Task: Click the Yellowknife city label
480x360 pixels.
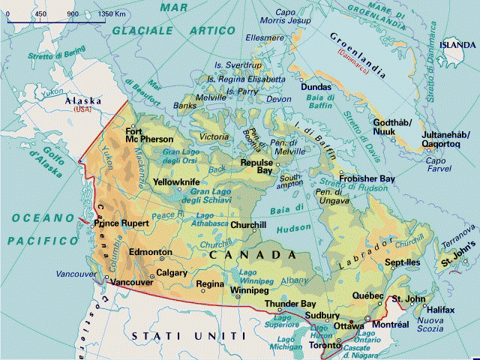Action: click(x=176, y=182)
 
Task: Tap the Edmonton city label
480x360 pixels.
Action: click(x=151, y=253)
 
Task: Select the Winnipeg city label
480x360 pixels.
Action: click(x=248, y=289)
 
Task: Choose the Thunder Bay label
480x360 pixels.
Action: click(x=289, y=304)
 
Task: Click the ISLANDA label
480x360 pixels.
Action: click(x=457, y=44)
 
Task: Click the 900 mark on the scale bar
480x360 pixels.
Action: click(x=73, y=14)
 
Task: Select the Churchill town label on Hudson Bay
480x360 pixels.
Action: click(x=248, y=225)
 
